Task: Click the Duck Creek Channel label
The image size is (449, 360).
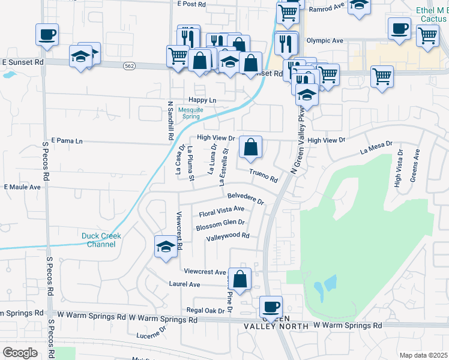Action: [x=101, y=240]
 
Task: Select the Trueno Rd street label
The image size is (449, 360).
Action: [x=264, y=176]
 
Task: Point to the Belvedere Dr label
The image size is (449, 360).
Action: [x=246, y=198]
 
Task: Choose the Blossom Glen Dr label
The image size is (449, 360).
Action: [x=220, y=224]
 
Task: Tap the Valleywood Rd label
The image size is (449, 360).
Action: [x=228, y=236]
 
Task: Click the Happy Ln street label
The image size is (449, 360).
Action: [x=202, y=100]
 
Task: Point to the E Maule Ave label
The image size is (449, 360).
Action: [x=22, y=187]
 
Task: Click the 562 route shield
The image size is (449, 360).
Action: [x=128, y=65]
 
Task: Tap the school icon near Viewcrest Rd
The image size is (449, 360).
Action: [x=166, y=247]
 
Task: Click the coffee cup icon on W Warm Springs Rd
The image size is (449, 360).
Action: [x=270, y=307]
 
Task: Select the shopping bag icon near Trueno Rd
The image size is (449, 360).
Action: [x=251, y=146]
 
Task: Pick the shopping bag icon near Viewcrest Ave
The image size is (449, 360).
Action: [x=240, y=279]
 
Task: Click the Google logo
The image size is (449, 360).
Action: [x=20, y=353]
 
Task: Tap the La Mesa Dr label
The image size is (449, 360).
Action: [x=376, y=148]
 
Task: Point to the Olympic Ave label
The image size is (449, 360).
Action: [x=324, y=41]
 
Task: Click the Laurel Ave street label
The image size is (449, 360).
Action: [x=184, y=284]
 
